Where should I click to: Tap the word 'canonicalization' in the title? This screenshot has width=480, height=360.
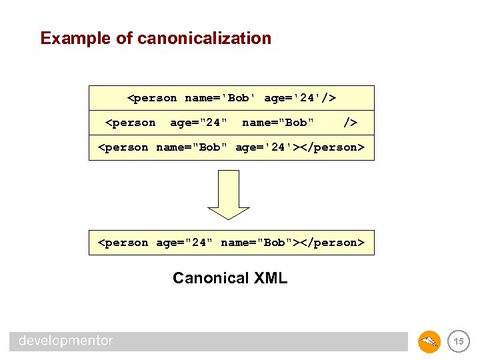coord(204,38)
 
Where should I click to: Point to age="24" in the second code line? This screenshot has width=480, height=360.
coord(199,123)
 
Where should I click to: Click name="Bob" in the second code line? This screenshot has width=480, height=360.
coord(278,123)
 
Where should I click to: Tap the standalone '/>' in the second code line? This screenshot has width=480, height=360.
coord(350,123)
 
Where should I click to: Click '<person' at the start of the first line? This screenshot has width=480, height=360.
coord(152,98)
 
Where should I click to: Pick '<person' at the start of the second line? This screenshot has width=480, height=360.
coord(131,123)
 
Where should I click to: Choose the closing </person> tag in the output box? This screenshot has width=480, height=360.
coord(332,243)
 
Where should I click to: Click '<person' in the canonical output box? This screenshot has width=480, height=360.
coord(123,243)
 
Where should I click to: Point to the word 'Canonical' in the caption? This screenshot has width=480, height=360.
coord(209,278)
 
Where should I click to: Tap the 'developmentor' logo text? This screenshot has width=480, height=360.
coord(66,341)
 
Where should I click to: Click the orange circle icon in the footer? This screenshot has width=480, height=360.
coord(429,341)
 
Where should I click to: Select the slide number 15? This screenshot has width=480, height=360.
coord(458,341)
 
